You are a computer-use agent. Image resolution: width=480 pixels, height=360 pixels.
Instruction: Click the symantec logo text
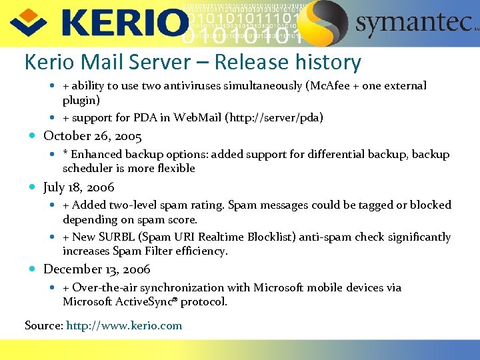click(413, 23)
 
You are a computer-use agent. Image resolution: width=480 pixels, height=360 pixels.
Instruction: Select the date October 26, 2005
click(93, 136)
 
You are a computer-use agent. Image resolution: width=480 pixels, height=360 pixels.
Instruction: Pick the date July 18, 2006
click(79, 187)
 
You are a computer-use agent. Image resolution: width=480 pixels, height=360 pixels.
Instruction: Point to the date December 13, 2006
click(97, 269)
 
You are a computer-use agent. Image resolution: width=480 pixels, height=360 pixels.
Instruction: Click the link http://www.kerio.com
click(124, 325)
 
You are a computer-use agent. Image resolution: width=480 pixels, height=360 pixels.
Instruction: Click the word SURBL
click(120, 237)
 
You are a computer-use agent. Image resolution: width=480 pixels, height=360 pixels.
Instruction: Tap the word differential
click(325, 155)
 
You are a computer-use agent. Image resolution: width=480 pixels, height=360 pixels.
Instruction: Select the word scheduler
click(88, 169)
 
